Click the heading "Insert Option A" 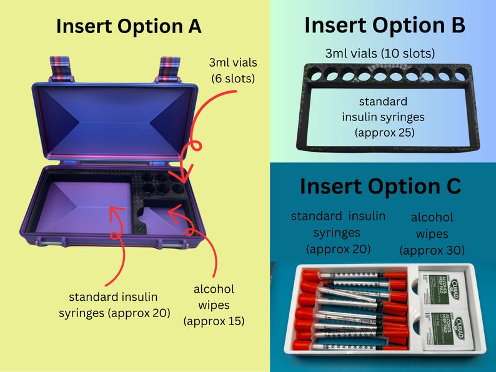[x=129, y=26]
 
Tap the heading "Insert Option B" [x=385, y=25]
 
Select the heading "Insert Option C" [x=380, y=186]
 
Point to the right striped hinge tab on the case [x=170, y=69]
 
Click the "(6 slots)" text [x=233, y=78]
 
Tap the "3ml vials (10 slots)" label [x=380, y=54]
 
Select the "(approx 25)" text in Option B [x=385, y=132]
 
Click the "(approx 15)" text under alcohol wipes [x=214, y=321]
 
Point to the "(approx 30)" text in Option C [x=432, y=250]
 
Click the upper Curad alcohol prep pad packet [x=443, y=288]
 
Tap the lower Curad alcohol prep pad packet [x=447, y=330]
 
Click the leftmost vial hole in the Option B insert [x=315, y=75]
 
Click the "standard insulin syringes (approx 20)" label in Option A [x=114, y=305]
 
